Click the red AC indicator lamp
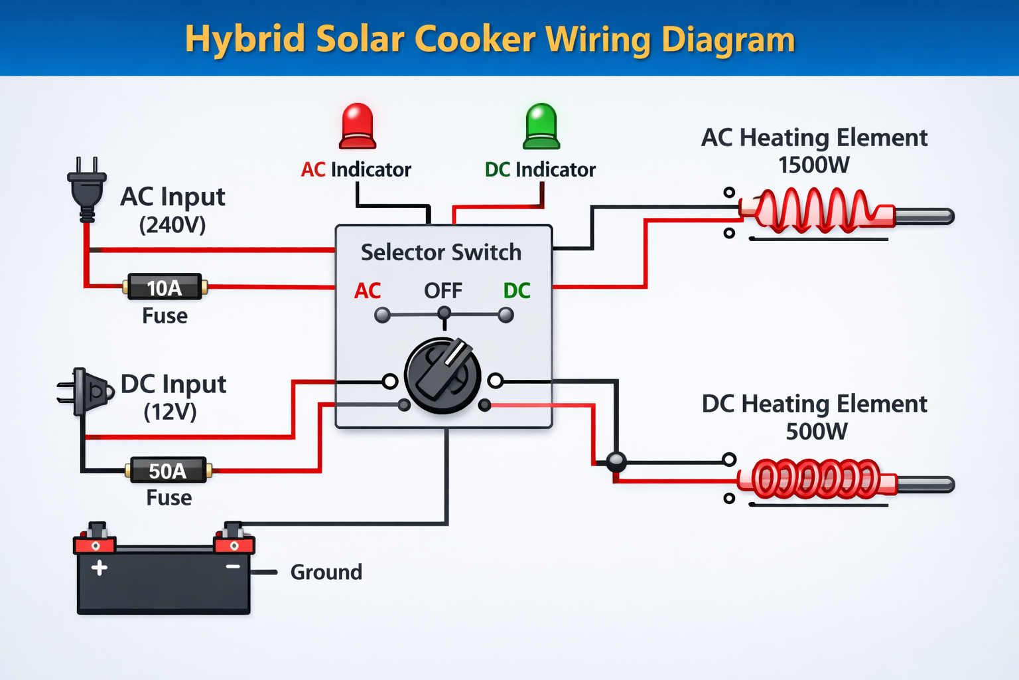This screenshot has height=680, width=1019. (358, 126)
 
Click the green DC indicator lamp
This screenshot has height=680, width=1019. (541, 126)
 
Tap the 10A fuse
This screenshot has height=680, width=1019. (165, 287)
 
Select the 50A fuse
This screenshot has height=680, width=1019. (169, 470)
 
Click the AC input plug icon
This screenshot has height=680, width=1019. (87, 189)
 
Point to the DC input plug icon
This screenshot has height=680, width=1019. (86, 392)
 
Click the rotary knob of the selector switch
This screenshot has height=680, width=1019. (442, 375)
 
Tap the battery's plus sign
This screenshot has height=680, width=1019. (99, 568)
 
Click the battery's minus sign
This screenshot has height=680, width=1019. (233, 566)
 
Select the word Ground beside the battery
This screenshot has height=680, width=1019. (326, 572)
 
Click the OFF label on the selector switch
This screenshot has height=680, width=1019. (443, 291)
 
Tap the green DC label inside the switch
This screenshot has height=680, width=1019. (517, 291)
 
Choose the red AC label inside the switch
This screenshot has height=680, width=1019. (368, 291)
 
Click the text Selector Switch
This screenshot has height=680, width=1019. (441, 252)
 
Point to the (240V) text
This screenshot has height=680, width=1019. (172, 225)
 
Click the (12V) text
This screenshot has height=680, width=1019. (170, 412)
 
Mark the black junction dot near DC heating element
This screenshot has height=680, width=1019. (616, 462)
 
